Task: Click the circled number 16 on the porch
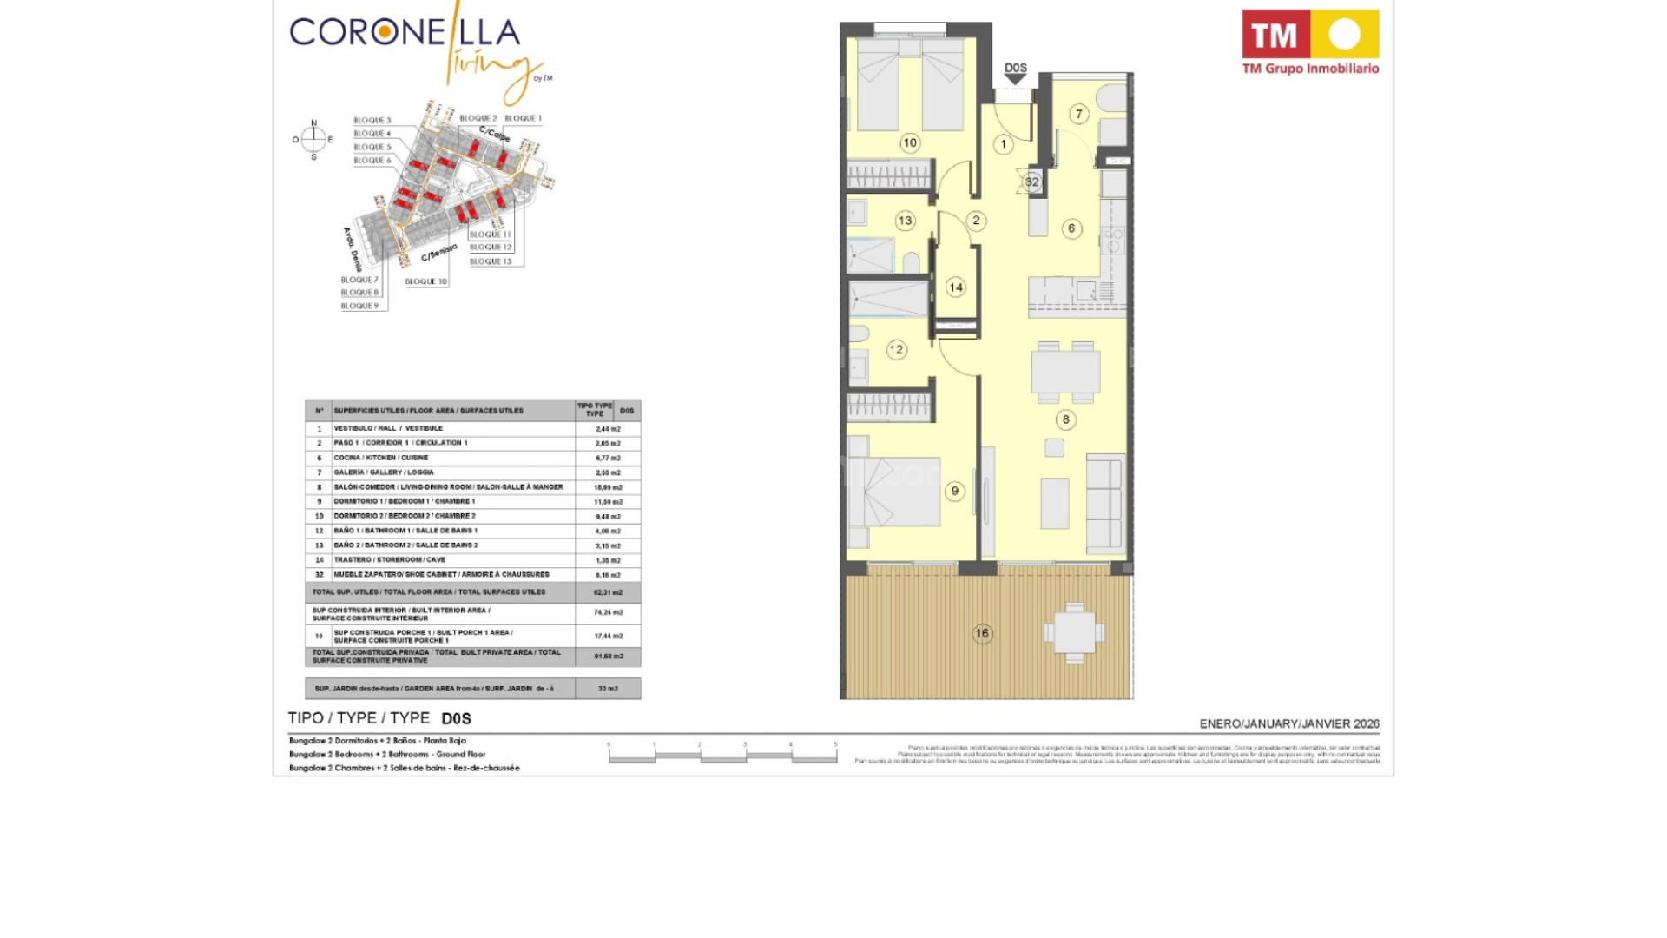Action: [982, 633]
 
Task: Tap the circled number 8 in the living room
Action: [1066, 419]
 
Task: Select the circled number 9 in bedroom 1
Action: [955, 492]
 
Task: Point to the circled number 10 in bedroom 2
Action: [910, 143]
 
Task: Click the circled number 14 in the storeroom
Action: [956, 287]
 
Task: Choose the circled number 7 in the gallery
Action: [1079, 114]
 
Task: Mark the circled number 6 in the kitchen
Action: [1071, 228]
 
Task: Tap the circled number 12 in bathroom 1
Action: [896, 350]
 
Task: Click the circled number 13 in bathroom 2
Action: [906, 221]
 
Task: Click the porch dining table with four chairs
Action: [1075, 633]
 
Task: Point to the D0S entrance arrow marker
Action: [1015, 74]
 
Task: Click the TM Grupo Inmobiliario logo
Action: [1310, 43]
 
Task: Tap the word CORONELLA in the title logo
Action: [405, 33]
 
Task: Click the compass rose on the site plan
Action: [313, 139]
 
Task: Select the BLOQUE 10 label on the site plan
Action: [426, 281]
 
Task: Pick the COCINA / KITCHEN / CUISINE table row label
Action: [381, 458]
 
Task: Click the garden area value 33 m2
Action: [608, 689]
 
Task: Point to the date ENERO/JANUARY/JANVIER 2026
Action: [1289, 723]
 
